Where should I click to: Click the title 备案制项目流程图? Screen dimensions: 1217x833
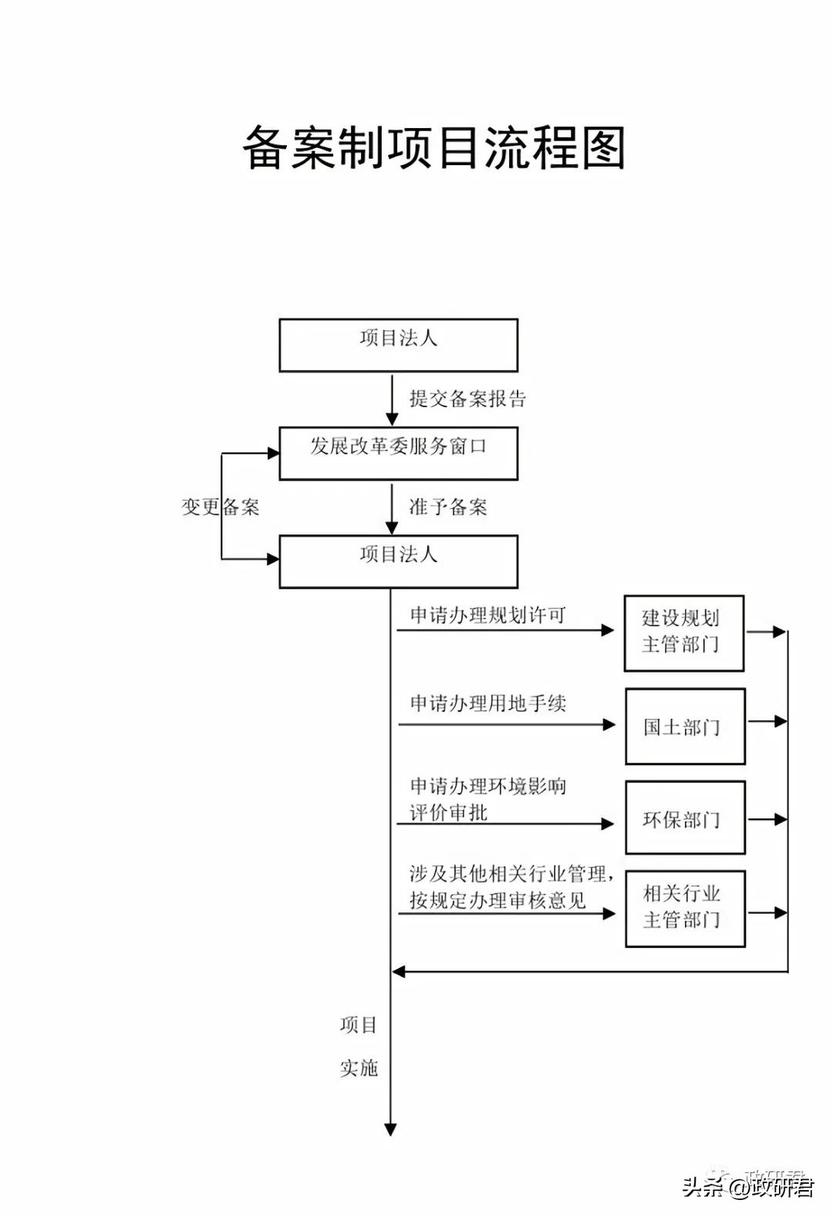(433, 147)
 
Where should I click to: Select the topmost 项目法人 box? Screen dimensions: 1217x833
(398, 345)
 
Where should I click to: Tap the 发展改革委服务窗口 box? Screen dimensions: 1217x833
(398, 453)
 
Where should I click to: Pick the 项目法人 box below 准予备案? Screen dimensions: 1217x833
(398, 561)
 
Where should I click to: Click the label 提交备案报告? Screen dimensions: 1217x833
(467, 399)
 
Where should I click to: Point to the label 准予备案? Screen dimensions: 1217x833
(448, 507)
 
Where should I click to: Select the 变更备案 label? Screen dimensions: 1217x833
(221, 507)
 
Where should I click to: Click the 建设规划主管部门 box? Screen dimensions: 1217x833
(683, 632)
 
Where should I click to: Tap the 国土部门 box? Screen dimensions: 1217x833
(685, 726)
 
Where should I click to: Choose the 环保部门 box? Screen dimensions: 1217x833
(685, 818)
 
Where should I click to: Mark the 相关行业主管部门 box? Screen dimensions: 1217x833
(685, 908)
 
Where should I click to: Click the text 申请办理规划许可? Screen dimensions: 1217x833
(487, 615)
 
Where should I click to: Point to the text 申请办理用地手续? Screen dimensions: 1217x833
(487, 703)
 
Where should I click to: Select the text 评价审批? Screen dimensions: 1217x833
(448, 813)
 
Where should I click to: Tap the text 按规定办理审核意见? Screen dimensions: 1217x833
(497, 901)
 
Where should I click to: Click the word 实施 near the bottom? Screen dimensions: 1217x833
(359, 1068)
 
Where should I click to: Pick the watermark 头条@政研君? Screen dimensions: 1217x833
(747, 1185)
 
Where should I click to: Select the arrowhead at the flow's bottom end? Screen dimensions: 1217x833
(390, 1129)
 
